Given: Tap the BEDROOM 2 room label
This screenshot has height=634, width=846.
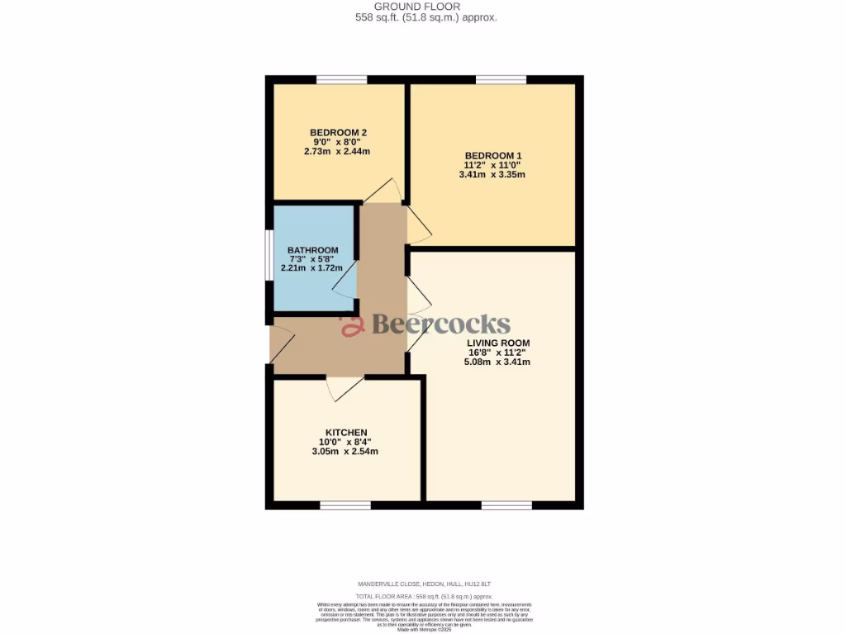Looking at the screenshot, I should [x=338, y=132].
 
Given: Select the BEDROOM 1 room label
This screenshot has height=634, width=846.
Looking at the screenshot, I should [x=492, y=155].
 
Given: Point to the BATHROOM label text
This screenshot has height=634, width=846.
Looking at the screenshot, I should [x=312, y=250].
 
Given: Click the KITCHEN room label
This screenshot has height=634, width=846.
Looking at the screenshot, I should [x=345, y=432].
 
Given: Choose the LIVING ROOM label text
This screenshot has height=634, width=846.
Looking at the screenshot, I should [x=498, y=343].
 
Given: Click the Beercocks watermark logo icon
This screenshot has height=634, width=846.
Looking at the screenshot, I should [x=353, y=325].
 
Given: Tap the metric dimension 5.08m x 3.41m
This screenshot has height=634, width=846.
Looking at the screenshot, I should [x=498, y=362].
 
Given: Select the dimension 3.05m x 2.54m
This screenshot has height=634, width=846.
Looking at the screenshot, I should [x=345, y=452].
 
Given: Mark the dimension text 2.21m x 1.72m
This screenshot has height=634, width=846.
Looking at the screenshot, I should [x=312, y=268].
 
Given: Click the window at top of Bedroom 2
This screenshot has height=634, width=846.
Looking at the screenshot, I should [x=341, y=80].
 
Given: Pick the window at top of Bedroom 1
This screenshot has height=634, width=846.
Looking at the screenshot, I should [x=501, y=80].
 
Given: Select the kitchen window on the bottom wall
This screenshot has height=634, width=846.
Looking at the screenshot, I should [x=345, y=505].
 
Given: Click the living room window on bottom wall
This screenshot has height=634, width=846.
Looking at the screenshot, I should [x=506, y=505].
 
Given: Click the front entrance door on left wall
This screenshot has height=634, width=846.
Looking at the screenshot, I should [x=279, y=343].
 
